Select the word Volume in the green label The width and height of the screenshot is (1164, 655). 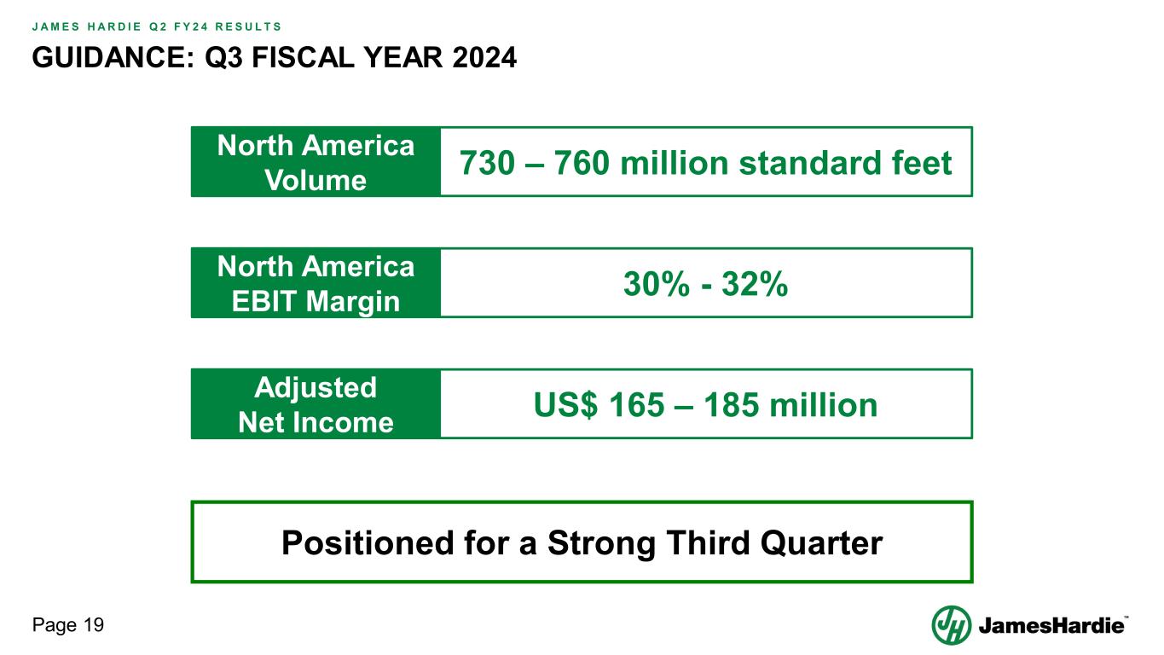316,181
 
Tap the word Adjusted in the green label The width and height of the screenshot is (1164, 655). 316,387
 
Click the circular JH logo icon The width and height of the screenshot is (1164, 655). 951,625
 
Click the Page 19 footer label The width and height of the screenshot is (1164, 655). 68,626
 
